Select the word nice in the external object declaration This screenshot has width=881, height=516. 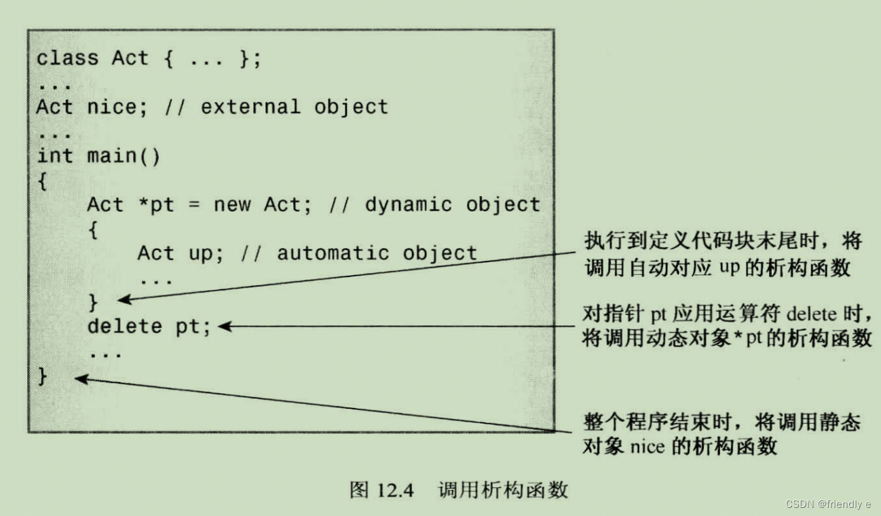112,107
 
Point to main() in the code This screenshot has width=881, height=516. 124,155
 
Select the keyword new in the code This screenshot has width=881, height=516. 232,204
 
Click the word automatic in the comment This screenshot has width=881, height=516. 333,253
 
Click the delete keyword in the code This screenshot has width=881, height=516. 125,327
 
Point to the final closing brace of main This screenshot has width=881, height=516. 43,375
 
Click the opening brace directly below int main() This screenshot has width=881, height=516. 43,181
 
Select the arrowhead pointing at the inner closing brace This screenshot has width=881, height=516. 123,299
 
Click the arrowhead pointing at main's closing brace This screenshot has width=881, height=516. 79,379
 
